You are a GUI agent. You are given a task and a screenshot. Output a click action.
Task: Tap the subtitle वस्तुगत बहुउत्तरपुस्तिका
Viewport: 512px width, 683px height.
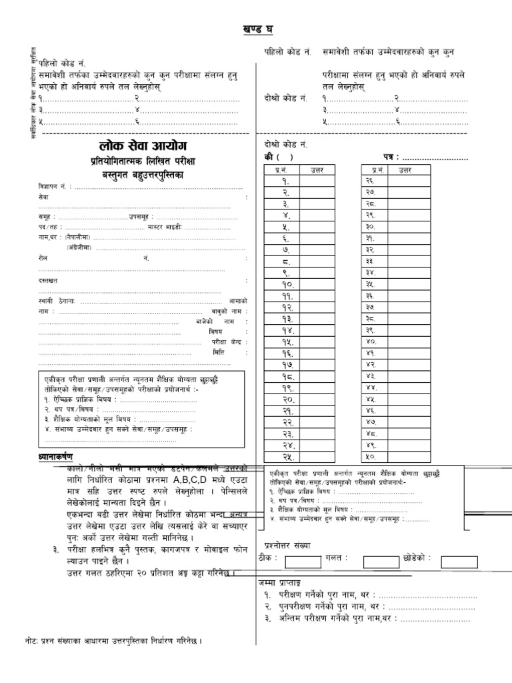pos(141,174)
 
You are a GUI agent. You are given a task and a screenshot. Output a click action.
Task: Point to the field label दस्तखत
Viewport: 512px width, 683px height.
pos(48,281)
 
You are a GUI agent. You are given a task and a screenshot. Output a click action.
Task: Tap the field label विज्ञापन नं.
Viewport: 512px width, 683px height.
pos(53,187)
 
